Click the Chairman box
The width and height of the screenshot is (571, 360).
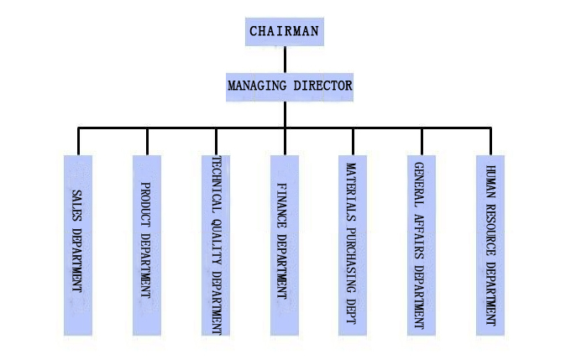click(x=285, y=31)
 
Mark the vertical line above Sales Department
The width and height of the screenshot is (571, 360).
click(x=78, y=141)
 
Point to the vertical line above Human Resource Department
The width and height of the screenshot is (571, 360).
click(x=490, y=141)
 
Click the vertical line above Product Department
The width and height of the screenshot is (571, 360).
click(x=147, y=141)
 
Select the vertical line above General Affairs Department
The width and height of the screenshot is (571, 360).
click(x=422, y=141)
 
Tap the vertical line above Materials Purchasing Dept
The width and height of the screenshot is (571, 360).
click(x=353, y=141)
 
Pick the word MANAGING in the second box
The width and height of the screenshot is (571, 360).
click(x=257, y=86)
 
